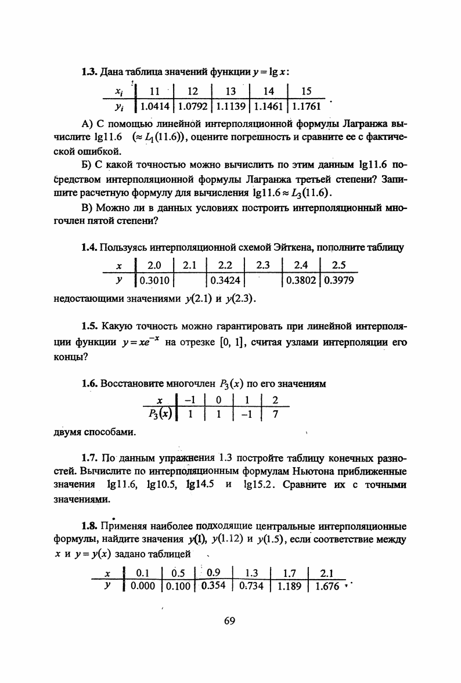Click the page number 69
tap(229, 621)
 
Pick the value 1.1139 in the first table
tap(230, 106)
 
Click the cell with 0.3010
tap(154, 280)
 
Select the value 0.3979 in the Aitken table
tap(339, 280)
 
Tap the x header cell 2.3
tap(264, 266)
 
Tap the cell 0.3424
tap(225, 280)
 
